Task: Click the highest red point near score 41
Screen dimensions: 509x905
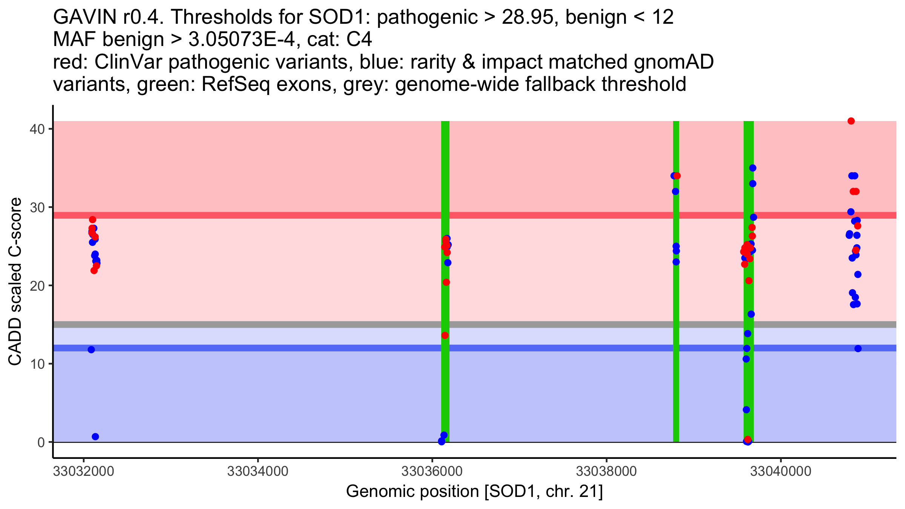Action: [851, 121]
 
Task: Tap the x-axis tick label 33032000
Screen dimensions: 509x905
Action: [83, 472]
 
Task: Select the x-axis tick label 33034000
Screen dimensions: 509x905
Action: [258, 472]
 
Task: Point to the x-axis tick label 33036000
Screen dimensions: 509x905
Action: [432, 472]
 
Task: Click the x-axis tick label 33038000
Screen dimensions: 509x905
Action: [607, 472]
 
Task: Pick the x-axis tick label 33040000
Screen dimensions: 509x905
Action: [781, 472]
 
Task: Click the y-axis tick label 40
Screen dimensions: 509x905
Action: [37, 129]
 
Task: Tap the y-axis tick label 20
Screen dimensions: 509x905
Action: [37, 285]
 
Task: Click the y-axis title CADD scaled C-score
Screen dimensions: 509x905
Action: [15, 282]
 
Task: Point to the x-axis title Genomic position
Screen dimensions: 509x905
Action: [474, 492]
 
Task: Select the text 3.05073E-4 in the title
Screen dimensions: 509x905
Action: [241, 39]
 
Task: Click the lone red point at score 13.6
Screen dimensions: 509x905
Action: [445, 335]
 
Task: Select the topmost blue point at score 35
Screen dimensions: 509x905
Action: [753, 168]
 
